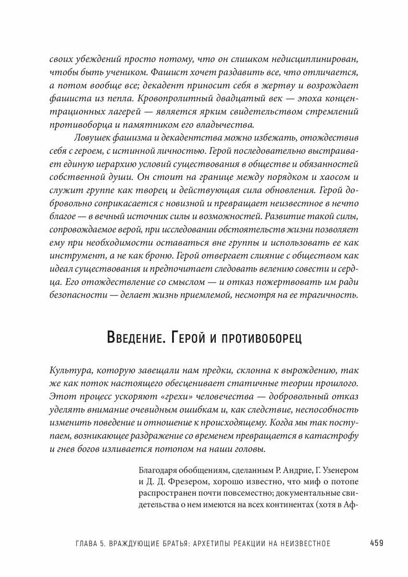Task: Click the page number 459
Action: [x=376, y=543]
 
